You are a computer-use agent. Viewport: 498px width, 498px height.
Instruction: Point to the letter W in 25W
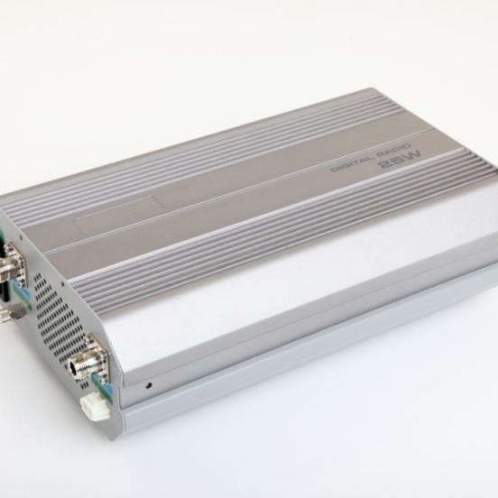point(412,156)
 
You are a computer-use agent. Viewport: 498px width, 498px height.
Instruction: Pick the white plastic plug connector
point(94,408)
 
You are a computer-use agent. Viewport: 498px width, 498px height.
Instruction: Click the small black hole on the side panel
point(148,385)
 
